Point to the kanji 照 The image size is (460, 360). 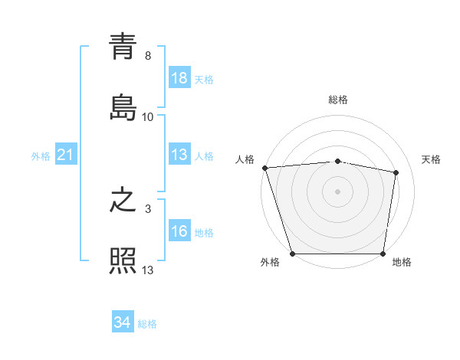pos(123,260)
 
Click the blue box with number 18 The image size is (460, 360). pos(179,78)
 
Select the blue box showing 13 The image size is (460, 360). pos(179,155)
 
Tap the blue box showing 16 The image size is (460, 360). pos(179,232)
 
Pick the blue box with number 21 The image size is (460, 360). pos(66,155)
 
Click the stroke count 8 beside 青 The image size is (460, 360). pos(147,56)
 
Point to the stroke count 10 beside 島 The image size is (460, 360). pos(148,116)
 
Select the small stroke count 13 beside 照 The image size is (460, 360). pos(148,270)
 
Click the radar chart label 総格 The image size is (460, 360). pos(337,100)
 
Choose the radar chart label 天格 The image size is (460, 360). pos(431,159)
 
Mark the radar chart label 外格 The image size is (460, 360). pos(270,262)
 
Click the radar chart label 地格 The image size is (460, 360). pos(402,262)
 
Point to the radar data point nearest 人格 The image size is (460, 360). pos(264,168)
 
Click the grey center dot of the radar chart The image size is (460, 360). pos(337,191)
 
